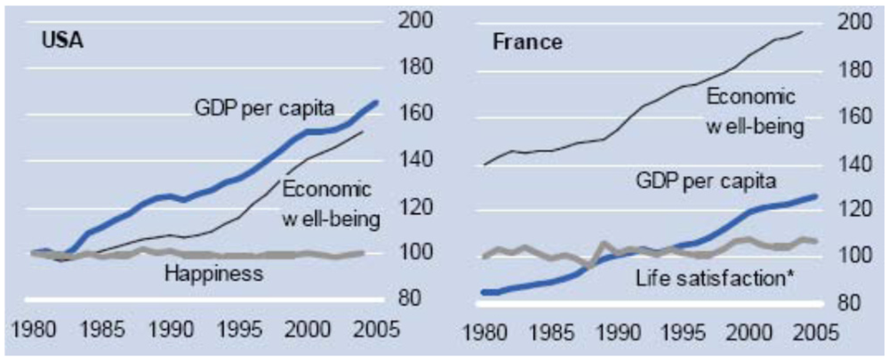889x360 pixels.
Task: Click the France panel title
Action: (x=527, y=42)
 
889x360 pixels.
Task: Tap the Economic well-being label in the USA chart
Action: (x=332, y=204)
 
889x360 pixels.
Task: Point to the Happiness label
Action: (x=214, y=273)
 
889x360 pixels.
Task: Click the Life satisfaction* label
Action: (x=715, y=278)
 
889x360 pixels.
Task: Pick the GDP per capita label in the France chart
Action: (x=708, y=180)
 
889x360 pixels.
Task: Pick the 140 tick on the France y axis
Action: (x=850, y=164)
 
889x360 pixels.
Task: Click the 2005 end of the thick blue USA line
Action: (x=376, y=102)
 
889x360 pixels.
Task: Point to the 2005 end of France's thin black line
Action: (x=803, y=32)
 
